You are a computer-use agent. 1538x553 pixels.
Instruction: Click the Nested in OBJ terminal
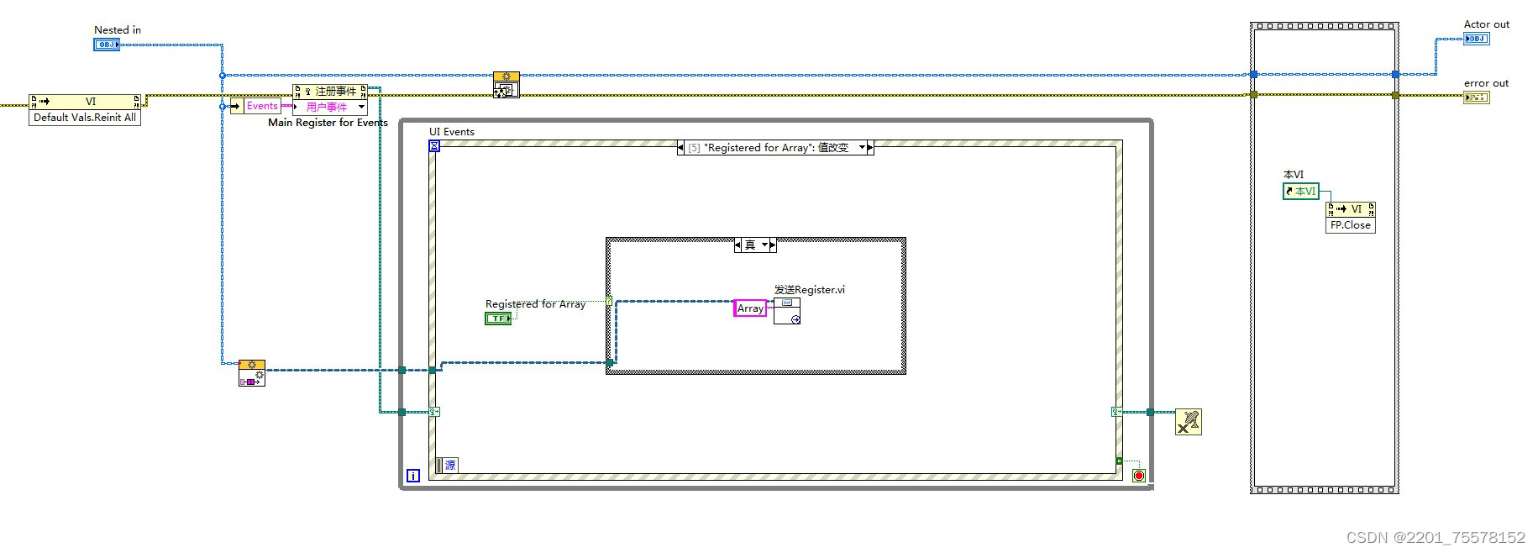coord(106,45)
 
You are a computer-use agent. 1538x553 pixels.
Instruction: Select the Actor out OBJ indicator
coord(1476,39)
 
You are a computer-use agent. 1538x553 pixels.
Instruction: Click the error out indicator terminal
coord(1476,97)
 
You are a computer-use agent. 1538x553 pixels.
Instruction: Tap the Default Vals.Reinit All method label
coord(84,118)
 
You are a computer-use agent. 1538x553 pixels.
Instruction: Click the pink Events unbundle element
coord(261,106)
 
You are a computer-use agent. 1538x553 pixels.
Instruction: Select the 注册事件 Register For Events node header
coord(334,91)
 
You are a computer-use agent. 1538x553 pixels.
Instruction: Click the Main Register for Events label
coord(328,123)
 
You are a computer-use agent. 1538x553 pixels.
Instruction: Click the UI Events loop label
coord(451,132)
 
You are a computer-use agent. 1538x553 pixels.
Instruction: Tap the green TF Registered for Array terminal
coord(497,319)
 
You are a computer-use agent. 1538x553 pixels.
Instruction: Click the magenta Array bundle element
coord(749,308)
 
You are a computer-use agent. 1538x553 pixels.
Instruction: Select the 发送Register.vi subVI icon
coord(786,311)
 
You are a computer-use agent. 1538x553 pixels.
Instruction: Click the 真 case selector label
coord(751,245)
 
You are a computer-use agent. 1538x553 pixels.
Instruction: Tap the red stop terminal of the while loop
coord(1138,476)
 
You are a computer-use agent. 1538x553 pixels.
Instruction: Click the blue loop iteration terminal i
coord(412,476)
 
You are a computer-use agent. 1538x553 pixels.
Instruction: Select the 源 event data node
coord(449,466)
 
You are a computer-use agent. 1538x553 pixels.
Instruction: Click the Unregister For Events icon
coord(1188,422)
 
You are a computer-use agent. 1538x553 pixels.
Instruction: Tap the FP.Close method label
coord(1350,225)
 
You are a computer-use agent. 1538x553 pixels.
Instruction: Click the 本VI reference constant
coord(1300,192)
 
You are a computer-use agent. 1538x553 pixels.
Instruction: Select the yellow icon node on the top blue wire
coord(506,84)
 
